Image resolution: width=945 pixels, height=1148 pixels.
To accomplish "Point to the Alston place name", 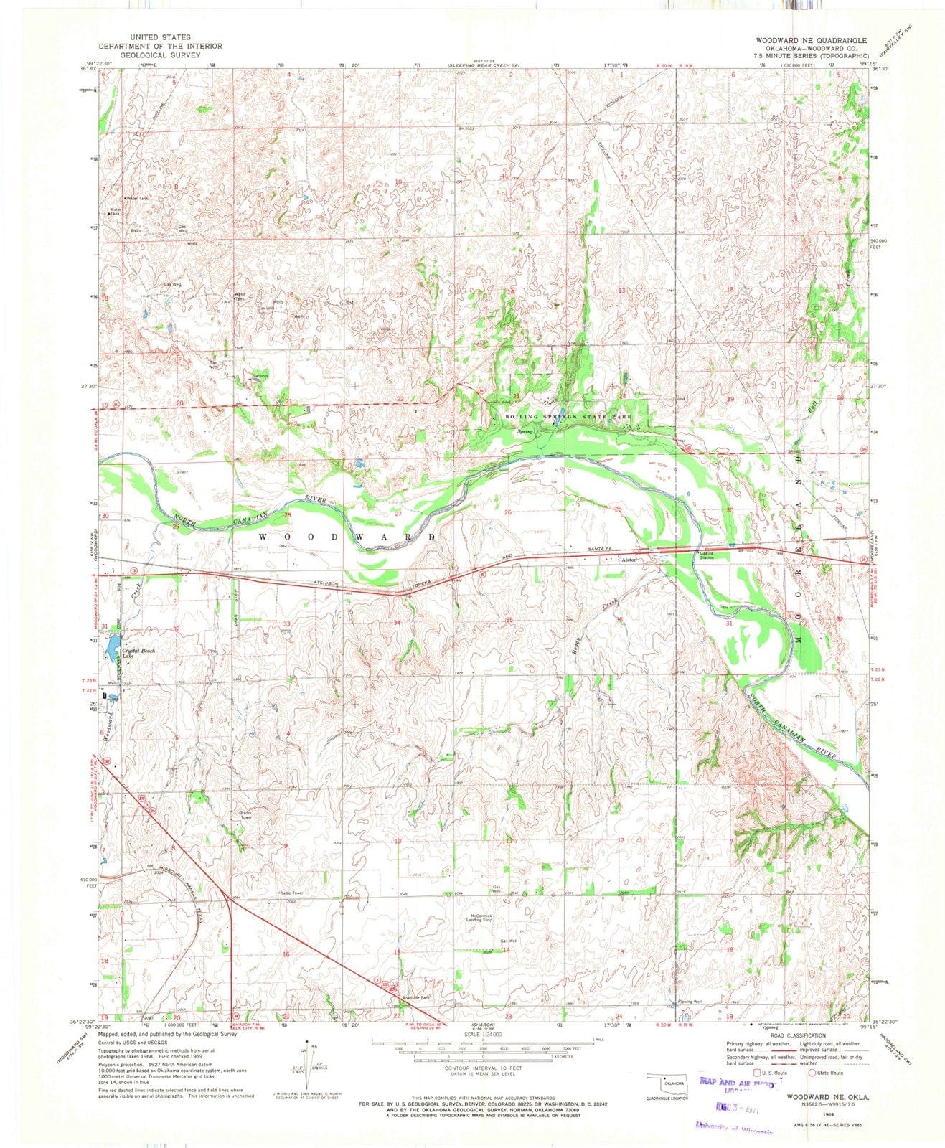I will pos(629,559).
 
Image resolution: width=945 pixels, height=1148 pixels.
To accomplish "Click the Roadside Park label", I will pos(415,998).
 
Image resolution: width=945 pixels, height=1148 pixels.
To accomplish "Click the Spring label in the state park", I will pos(526,431).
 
